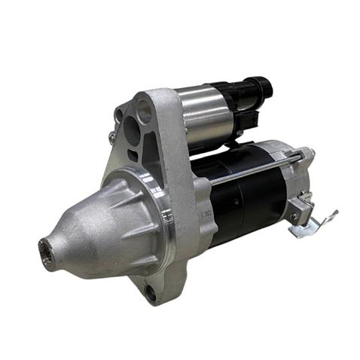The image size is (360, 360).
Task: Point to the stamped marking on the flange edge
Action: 203,218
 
